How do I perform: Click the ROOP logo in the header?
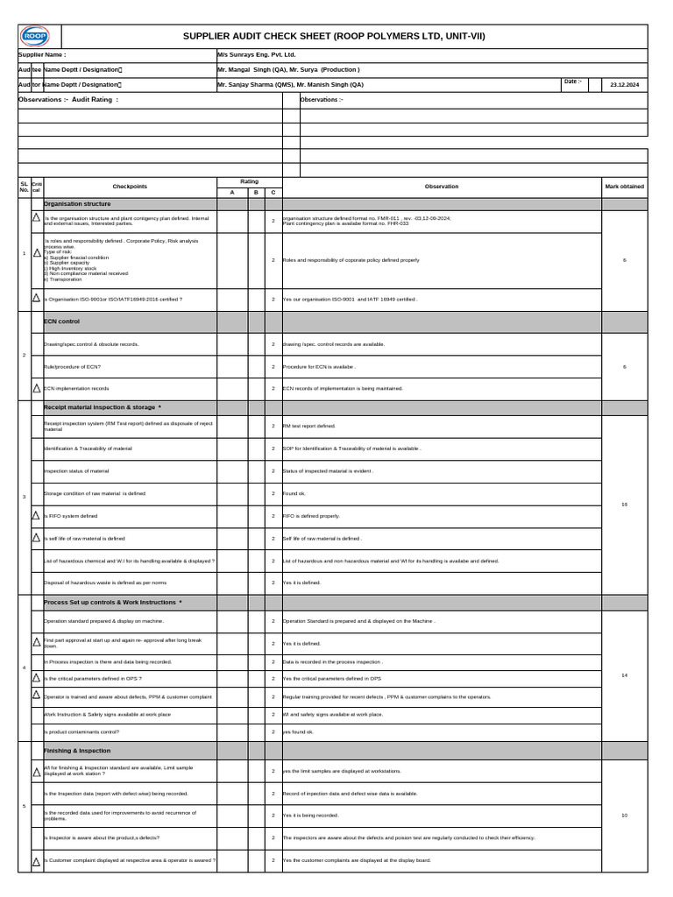(35, 36)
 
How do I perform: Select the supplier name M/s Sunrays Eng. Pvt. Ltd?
(257, 54)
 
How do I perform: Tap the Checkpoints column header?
(130, 187)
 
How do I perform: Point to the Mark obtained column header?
(624, 187)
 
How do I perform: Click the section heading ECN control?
(62, 321)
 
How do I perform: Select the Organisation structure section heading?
(77, 203)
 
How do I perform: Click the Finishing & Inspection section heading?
(77, 751)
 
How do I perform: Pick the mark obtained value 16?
(624, 505)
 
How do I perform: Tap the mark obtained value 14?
(624, 675)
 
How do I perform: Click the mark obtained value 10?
(624, 816)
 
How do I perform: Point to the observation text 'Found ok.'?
(294, 493)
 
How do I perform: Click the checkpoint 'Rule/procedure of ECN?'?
(72, 366)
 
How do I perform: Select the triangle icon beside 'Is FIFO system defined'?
(36, 516)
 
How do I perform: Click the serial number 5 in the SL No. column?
(25, 806)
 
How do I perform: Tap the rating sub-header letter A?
(232, 193)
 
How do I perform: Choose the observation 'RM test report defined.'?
(308, 426)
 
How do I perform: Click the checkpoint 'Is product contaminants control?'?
(81, 731)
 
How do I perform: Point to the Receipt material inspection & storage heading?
(102, 407)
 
